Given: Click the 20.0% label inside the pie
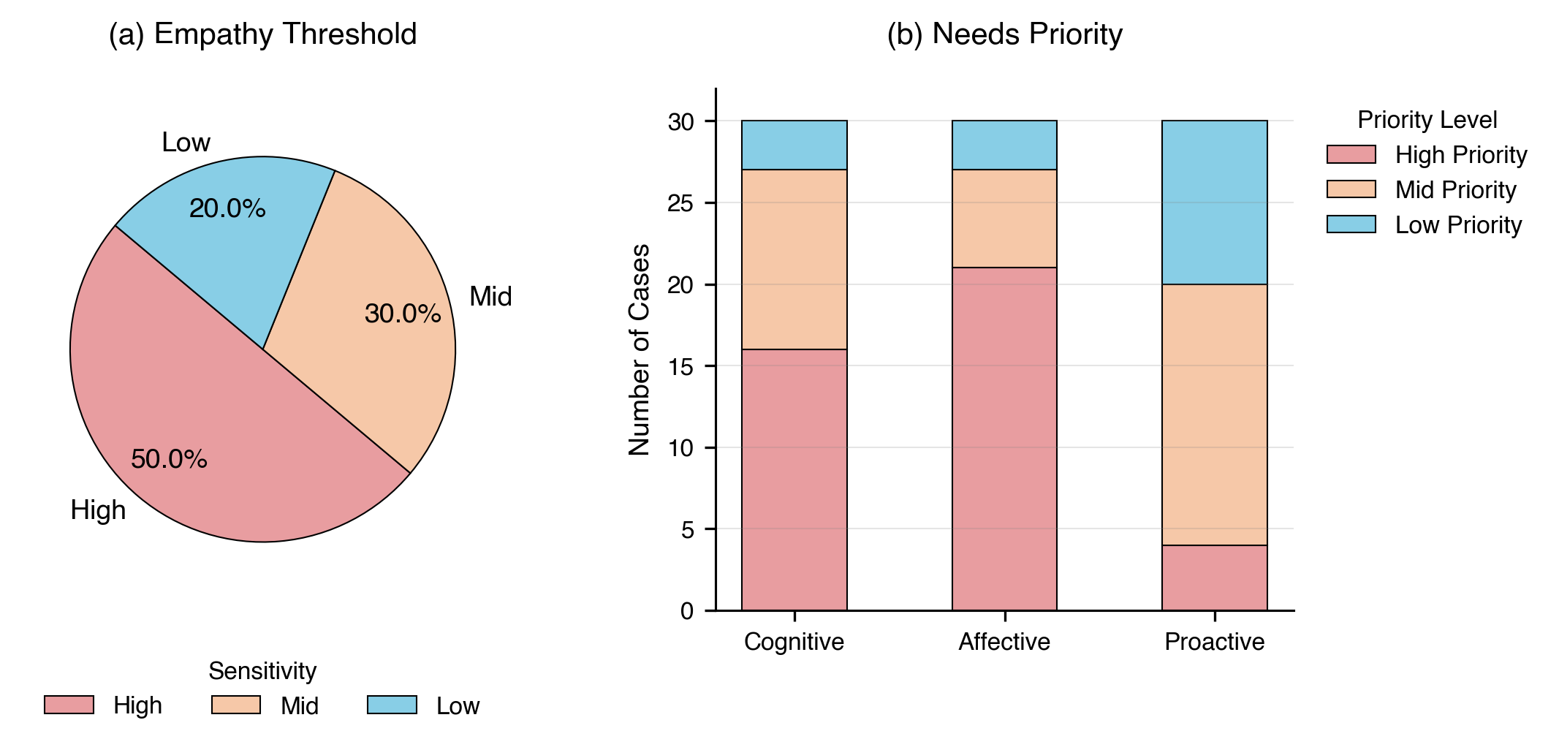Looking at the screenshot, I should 227,208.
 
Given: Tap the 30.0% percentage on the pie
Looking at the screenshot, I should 403,314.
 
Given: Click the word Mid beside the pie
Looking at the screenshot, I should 490,296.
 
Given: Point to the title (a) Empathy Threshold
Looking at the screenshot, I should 262,34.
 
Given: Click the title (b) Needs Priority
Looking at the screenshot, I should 1004,34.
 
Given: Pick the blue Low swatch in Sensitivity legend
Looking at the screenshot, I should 392,705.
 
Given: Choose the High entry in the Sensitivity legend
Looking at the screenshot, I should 137,705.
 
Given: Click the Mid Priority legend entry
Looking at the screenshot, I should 1455,190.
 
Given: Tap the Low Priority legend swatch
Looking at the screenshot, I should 1351,224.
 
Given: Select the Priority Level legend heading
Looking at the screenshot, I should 1427,120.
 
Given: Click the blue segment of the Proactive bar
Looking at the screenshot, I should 1214,202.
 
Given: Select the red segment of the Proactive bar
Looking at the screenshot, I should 1214,577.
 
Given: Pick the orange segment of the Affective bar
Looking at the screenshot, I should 1004,219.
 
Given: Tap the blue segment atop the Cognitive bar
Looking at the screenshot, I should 794,145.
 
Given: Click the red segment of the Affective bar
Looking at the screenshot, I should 1004,439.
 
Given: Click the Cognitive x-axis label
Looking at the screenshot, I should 794,641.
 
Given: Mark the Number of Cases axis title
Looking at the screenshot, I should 639,349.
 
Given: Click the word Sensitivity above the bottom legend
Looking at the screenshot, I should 262,670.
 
